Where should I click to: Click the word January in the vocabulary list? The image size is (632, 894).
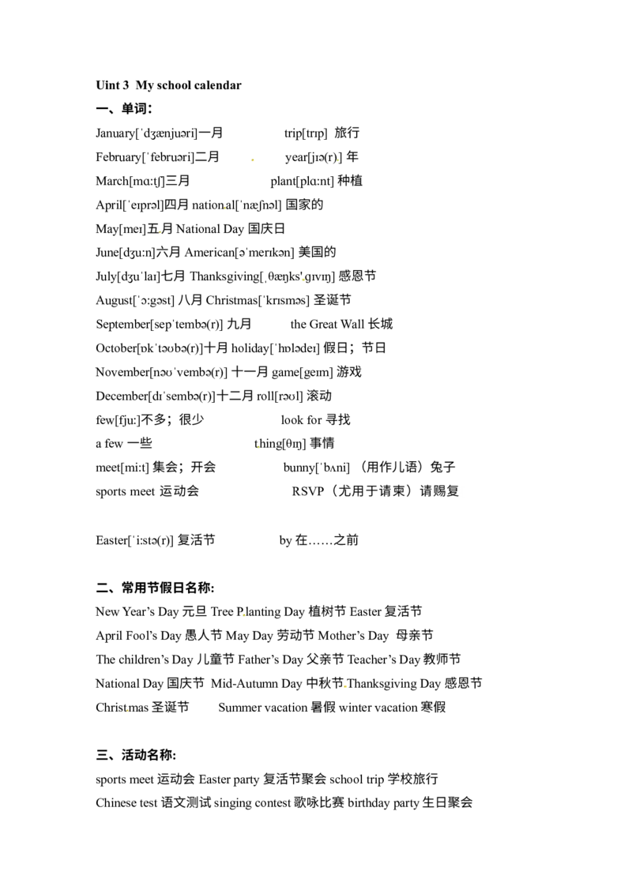[115, 133]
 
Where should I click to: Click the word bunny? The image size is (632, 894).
[299, 468]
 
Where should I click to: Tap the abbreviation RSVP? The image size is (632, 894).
[308, 491]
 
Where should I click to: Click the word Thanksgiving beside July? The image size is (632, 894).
[224, 276]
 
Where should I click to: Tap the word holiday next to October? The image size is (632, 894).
[250, 348]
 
